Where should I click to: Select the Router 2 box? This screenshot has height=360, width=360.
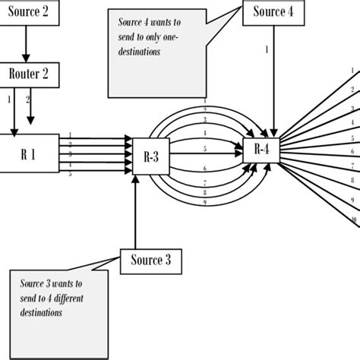(28, 73)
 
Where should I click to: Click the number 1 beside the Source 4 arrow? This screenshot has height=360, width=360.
(267, 50)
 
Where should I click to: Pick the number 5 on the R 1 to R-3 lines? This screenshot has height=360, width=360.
(70, 173)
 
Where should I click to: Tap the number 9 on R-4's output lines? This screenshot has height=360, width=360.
(352, 200)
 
